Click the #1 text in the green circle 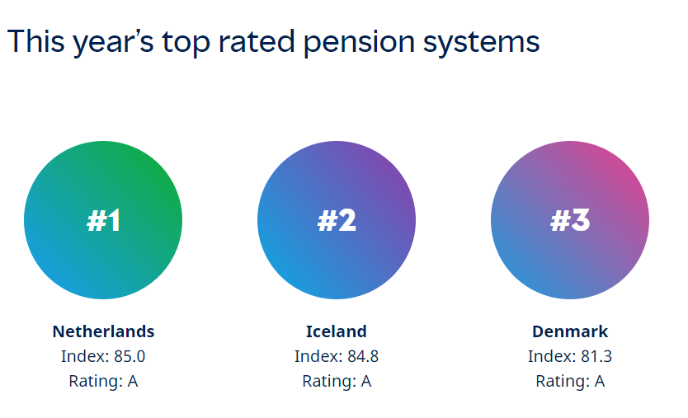[103, 220]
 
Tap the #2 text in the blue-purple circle [337, 220]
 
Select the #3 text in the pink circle [570, 220]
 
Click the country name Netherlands [103, 331]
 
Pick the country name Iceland [336, 331]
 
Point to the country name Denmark [570, 331]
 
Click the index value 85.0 [130, 357]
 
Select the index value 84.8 [363, 357]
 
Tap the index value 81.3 [596, 357]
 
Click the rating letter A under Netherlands [133, 382]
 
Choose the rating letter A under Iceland [366, 382]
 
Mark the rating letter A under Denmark [600, 382]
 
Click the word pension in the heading [359, 44]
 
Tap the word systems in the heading [481, 44]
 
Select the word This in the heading [36, 42]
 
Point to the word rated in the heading [257, 42]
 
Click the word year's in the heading [113, 44]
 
